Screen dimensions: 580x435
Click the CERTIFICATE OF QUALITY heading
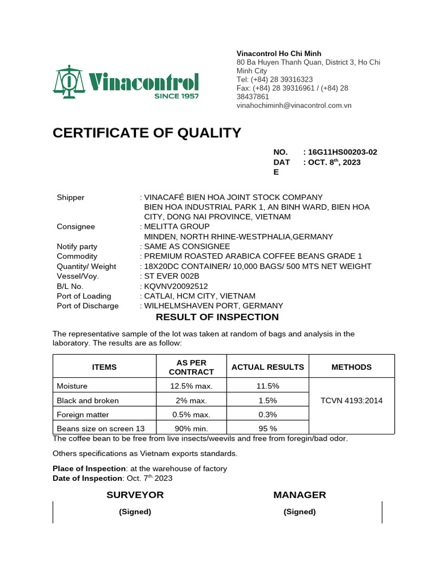pos(147,133)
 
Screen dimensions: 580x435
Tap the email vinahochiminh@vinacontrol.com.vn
pos(294,105)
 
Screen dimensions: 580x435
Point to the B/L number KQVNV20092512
pos(172,286)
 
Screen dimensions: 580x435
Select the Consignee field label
pos(76,227)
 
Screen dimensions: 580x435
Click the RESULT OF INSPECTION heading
pos(217,317)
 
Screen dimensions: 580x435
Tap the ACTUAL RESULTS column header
pos(268,367)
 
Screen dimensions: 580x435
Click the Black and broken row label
pos(88,400)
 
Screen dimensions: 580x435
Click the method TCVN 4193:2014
pos(352,400)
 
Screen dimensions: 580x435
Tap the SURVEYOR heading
pos(135,495)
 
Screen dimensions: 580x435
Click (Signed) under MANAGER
pos(300,511)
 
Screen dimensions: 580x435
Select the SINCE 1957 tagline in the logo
pos(177,96)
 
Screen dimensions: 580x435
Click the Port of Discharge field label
pos(88,306)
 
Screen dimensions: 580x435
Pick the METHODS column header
pos(352,367)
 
